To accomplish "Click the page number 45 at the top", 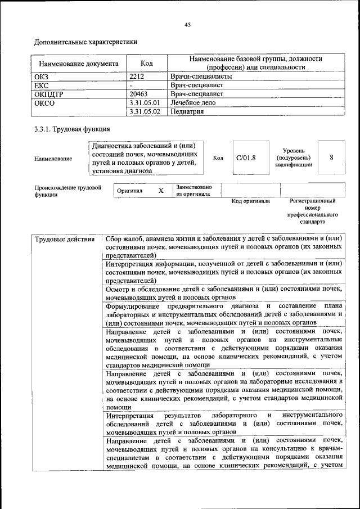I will point(188,24).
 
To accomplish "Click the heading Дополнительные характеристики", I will point(85,42).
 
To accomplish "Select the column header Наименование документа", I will point(75,64).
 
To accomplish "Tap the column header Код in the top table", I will point(147,64).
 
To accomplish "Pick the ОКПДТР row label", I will point(49,94).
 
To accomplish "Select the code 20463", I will point(139,94).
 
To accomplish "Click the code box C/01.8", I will point(246,157).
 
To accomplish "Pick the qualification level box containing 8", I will point(331,157).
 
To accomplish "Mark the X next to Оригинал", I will point(161,191).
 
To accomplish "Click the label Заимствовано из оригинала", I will point(193,191).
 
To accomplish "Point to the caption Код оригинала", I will point(251,201).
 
